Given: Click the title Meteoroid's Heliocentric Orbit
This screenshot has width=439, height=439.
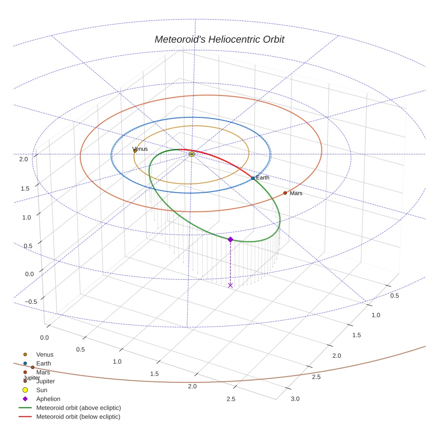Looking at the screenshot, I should (219, 39).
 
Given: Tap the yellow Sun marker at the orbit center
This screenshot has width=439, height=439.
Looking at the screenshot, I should (192, 154).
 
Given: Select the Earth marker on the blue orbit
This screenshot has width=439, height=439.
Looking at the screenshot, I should (253, 178).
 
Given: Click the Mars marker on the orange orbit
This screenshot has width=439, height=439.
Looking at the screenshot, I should (285, 193).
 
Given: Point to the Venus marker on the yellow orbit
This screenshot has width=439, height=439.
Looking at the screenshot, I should (135, 151).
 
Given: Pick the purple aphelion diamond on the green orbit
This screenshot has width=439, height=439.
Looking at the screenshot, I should (230, 240).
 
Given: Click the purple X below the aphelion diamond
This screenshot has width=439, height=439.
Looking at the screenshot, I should (230, 285).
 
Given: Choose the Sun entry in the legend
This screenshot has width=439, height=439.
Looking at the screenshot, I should (45, 390).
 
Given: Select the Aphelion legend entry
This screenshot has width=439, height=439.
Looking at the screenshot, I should (48, 399).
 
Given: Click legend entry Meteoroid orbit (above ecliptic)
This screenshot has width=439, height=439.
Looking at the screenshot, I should (78, 408).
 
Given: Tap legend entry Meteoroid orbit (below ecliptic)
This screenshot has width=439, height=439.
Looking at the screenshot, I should (78, 417).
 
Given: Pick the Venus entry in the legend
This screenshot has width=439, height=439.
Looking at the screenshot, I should (45, 355).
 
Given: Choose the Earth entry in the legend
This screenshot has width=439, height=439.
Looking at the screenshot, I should (44, 364).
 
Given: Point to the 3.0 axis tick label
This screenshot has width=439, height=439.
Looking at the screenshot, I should (295, 398).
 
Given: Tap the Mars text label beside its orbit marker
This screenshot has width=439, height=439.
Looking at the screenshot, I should (296, 193).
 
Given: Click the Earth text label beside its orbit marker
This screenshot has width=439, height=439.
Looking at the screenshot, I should (263, 178).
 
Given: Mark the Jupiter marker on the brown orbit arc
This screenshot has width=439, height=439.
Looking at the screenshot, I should (33, 367).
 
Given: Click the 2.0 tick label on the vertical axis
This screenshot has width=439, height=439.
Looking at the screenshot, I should (24, 159).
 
